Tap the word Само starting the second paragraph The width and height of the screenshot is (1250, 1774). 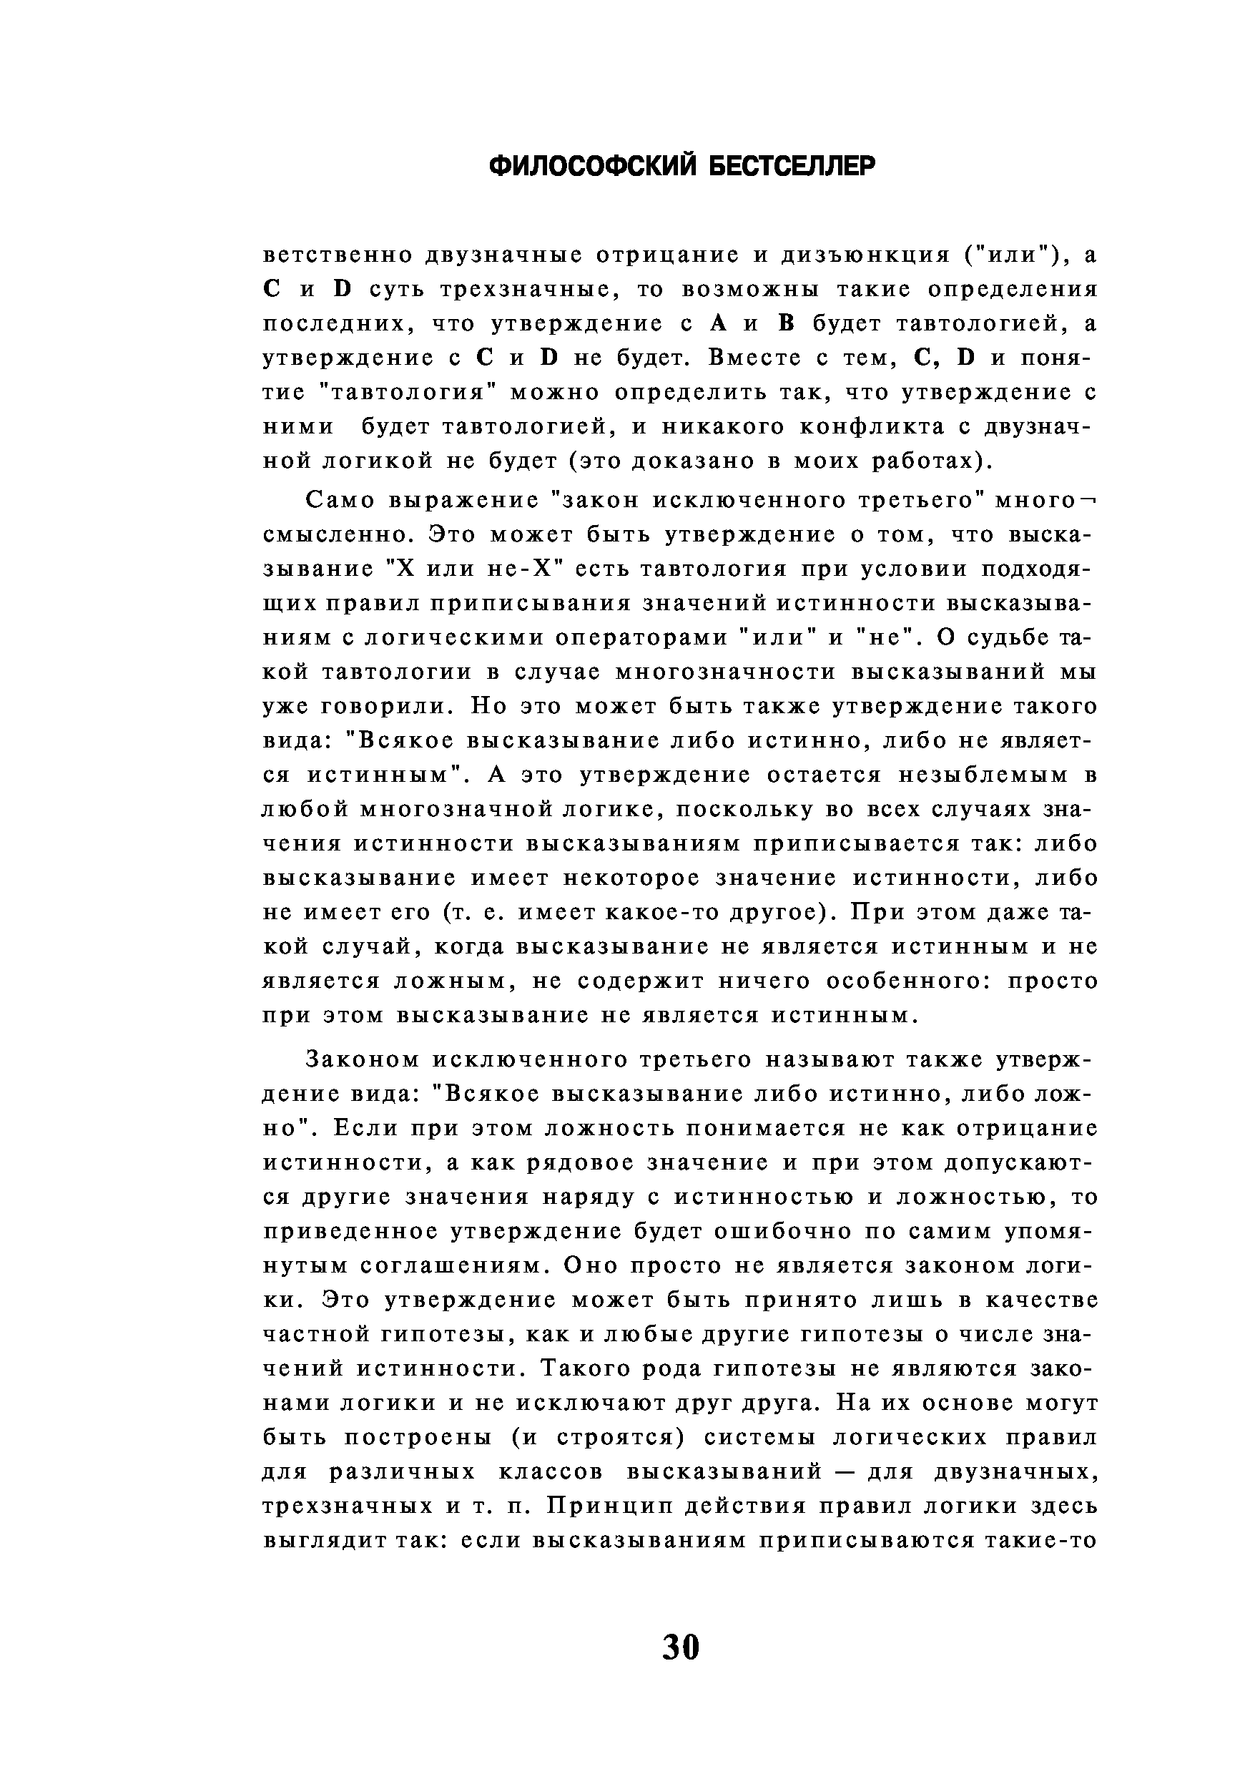pos(339,501)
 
